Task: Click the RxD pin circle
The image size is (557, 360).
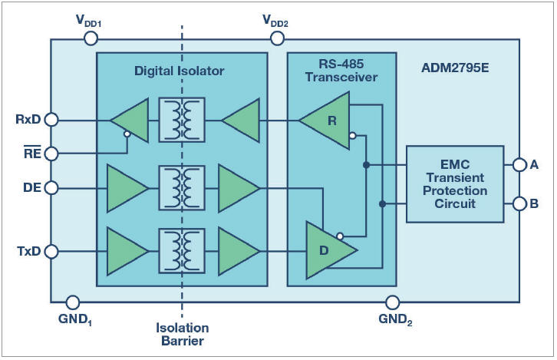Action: [x=51, y=119]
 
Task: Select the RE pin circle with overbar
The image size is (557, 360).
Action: [x=51, y=154]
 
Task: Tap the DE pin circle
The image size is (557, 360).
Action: [x=51, y=187]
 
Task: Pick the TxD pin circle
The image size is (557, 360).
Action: [x=51, y=250]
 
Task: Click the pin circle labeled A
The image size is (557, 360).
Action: [x=519, y=163]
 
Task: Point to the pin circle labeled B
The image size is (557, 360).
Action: [x=519, y=204]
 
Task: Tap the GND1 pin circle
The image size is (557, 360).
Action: [x=73, y=302]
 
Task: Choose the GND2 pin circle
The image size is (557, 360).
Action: [x=392, y=302]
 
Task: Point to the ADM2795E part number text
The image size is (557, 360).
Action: [x=455, y=68]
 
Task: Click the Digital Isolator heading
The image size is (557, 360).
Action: [x=180, y=71]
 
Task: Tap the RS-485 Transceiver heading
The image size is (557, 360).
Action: [x=341, y=71]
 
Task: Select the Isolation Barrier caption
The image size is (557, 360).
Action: [x=182, y=335]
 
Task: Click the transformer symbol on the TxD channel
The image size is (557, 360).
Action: [x=182, y=250]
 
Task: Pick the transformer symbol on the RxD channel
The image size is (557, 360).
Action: [x=182, y=119]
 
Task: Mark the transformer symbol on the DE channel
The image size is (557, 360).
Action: [x=182, y=187]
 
